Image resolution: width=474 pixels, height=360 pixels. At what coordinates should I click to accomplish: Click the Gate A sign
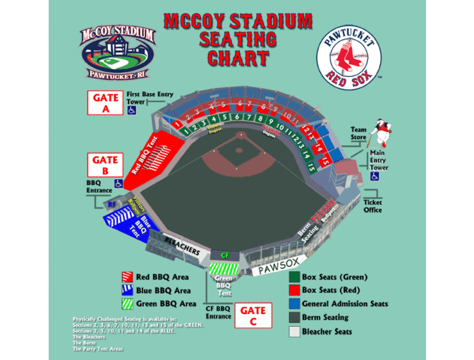tap(105, 104)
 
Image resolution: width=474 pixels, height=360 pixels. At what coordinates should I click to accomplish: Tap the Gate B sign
tap(105, 167)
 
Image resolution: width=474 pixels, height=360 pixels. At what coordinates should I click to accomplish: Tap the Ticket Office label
tap(372, 206)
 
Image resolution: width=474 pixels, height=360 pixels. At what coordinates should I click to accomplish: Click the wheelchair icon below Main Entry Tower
tap(375, 177)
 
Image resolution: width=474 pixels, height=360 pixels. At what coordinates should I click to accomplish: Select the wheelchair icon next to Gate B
tap(119, 184)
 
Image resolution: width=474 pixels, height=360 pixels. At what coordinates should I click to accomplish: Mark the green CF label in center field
tap(225, 255)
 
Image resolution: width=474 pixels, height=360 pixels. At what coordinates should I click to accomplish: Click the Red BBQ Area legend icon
tap(128, 277)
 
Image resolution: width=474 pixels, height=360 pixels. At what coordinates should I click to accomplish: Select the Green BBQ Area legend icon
tap(128, 304)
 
